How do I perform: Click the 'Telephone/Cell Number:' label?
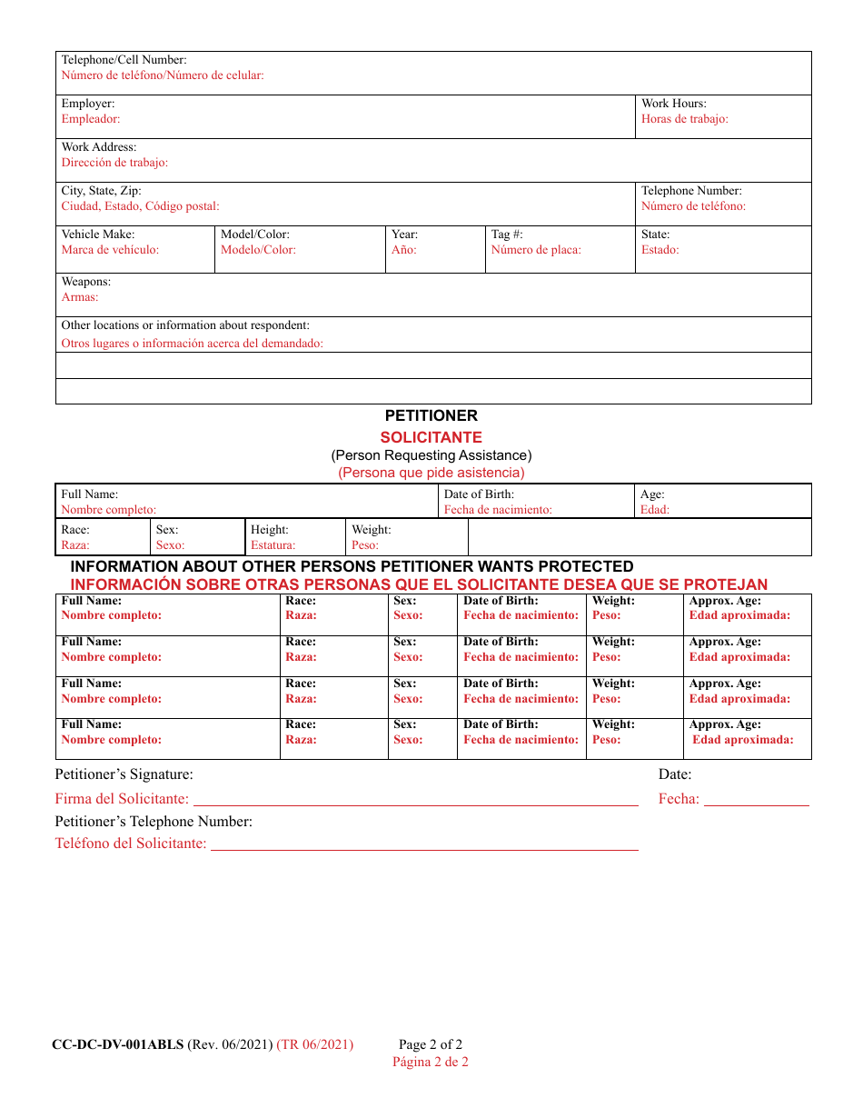pos(124,60)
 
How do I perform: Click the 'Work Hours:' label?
pos(673,104)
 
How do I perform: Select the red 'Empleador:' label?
pos(90,119)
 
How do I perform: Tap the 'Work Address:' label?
pos(98,147)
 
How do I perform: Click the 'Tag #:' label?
pos(507,235)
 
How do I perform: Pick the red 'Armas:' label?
pos(80,297)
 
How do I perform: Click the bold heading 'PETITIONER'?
pos(431,416)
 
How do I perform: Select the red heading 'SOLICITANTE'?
pos(431,437)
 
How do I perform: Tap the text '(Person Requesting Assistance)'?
pos(431,455)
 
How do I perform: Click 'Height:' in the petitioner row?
pos(269,530)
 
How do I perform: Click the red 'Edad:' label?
pos(654,510)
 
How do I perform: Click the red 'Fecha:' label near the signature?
pos(679,800)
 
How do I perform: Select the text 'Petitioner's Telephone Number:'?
pos(154,822)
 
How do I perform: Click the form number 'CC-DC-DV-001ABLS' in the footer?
pos(117,1045)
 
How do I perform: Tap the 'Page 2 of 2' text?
pos(430,1045)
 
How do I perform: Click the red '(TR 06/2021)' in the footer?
pos(315,1045)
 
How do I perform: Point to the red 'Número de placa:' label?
pos(536,250)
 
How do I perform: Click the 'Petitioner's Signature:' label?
pos(124,775)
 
